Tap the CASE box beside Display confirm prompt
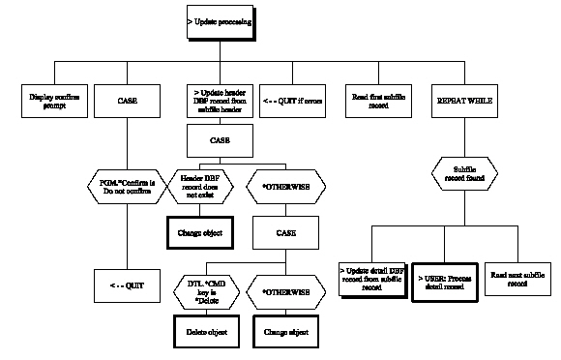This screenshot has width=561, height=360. (x=127, y=100)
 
